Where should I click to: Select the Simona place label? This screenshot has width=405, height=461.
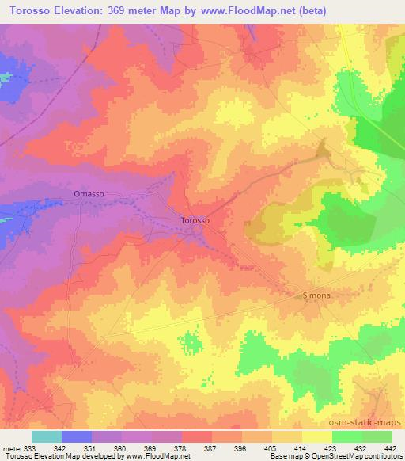click(x=316, y=295)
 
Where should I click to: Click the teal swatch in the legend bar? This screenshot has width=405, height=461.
click(x=46, y=436)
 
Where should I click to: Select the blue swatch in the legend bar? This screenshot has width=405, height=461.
click(x=77, y=436)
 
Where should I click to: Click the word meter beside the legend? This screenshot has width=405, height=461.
click(x=11, y=448)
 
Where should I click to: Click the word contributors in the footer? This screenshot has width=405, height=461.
click(x=385, y=456)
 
